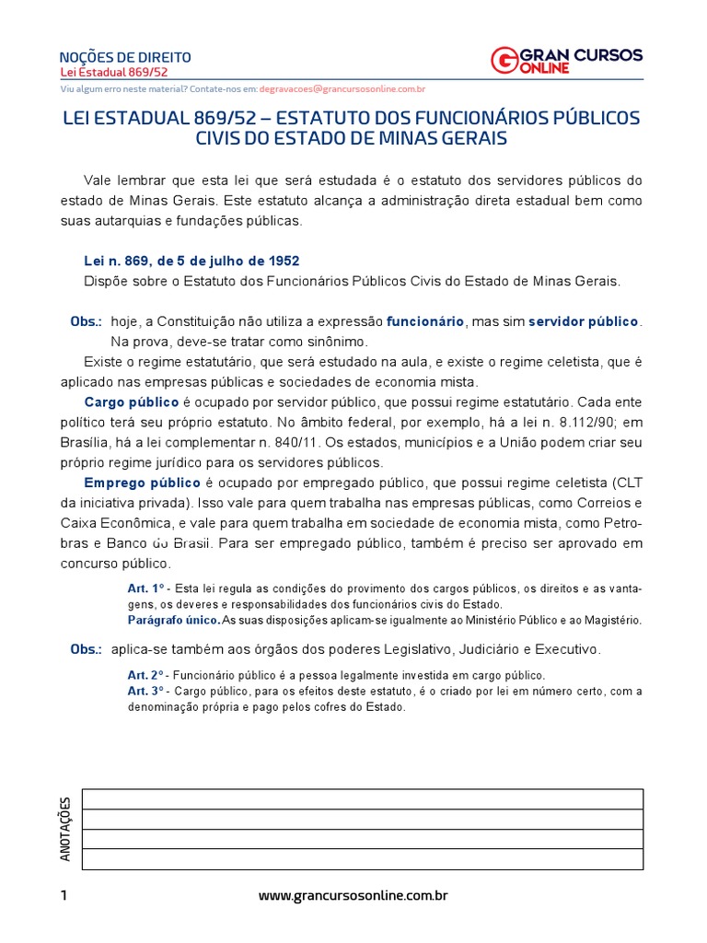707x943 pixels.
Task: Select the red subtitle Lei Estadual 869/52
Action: (x=113, y=72)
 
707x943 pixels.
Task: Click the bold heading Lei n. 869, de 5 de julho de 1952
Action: (x=191, y=262)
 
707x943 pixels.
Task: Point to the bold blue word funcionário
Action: (x=425, y=322)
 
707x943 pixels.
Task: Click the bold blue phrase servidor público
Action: (x=583, y=322)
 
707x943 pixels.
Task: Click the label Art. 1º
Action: (x=145, y=588)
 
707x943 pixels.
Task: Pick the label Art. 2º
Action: (x=145, y=675)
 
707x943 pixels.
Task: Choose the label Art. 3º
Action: (x=145, y=692)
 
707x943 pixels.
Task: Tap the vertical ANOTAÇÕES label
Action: (x=65, y=830)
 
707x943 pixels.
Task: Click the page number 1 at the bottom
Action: (x=64, y=895)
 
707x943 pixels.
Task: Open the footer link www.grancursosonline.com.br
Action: (x=353, y=895)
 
